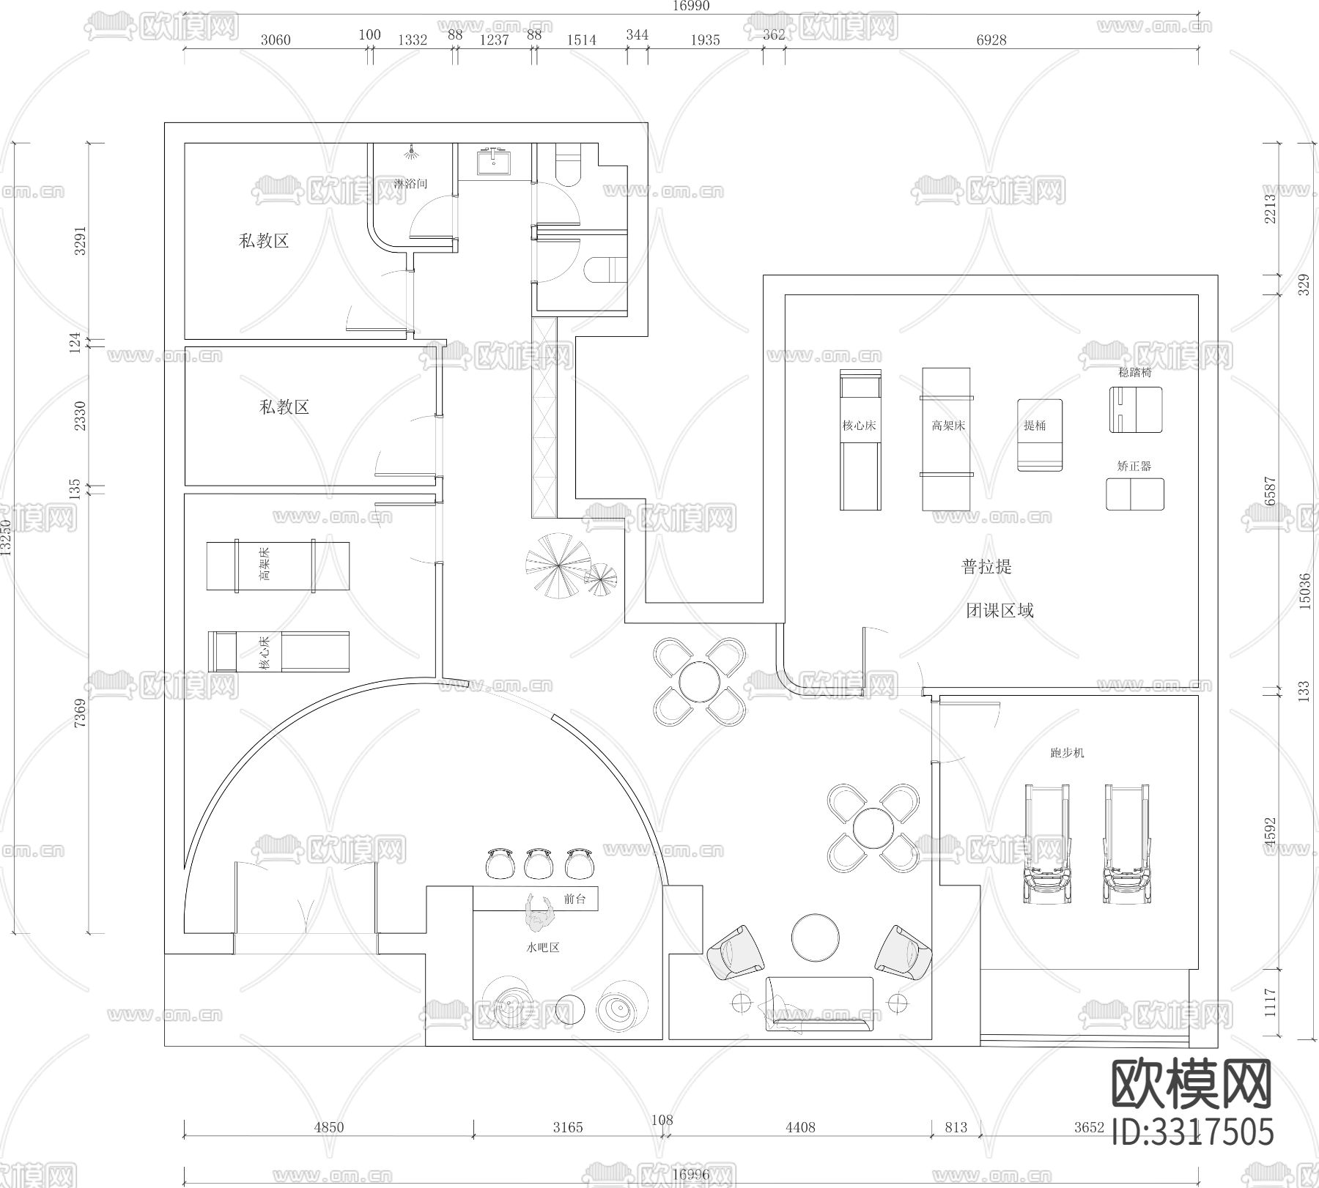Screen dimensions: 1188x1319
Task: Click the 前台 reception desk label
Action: pyautogui.click(x=575, y=899)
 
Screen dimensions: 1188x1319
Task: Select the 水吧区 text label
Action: pyautogui.click(x=543, y=947)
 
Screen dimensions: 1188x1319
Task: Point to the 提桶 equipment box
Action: pyautogui.click(x=1039, y=435)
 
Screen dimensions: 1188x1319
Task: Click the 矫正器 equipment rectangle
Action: pyautogui.click(x=1134, y=494)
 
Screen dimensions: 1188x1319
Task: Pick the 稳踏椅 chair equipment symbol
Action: pyautogui.click(x=1135, y=409)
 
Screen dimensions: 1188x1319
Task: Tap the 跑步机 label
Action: pyautogui.click(x=1067, y=752)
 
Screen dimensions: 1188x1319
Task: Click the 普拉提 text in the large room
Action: pyautogui.click(x=986, y=566)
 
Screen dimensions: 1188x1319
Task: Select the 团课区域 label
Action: pyautogui.click(x=1000, y=610)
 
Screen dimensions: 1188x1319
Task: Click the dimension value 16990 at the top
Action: pyautogui.click(x=690, y=6)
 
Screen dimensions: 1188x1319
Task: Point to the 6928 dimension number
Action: pyautogui.click(x=991, y=40)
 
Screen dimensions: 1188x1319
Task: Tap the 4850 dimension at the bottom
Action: pyautogui.click(x=328, y=1127)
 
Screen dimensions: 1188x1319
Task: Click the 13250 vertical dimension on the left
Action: pyautogui.click(x=7, y=538)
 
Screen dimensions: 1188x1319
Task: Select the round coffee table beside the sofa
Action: pyautogui.click(x=815, y=937)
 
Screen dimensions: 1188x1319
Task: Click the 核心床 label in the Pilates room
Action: pyautogui.click(x=860, y=426)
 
